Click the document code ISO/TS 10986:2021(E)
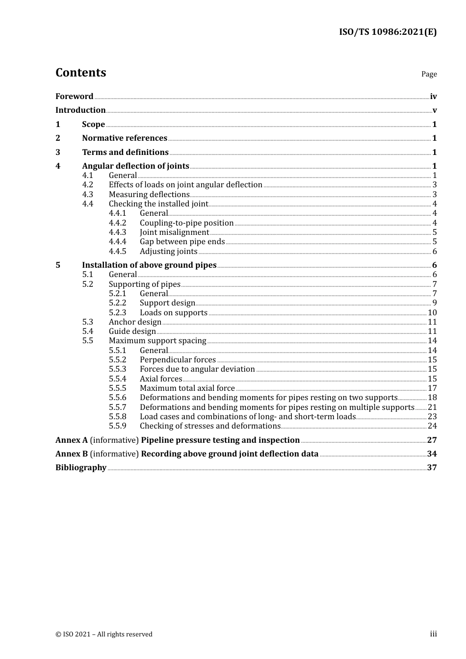pyautogui.click(x=388, y=32)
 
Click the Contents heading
pyautogui.click(x=80, y=73)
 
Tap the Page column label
pyautogui.click(x=429, y=74)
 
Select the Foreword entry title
pyautogui.click(x=74, y=97)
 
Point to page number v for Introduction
pyautogui.click(x=434, y=110)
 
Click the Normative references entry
pyautogui.click(x=125, y=138)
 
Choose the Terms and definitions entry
pyautogui.click(x=125, y=152)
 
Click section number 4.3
pyautogui.click(x=88, y=195)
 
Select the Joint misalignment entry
pyautogui.click(x=174, y=232)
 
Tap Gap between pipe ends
pyautogui.click(x=182, y=242)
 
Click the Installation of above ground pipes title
pyautogui.click(x=149, y=265)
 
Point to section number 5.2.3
pyautogui.click(x=117, y=313)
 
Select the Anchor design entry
pyautogui.click(x=135, y=322)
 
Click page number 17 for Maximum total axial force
pyautogui.click(x=432, y=388)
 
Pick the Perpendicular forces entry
pyautogui.click(x=178, y=360)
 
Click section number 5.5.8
pyautogui.click(x=117, y=417)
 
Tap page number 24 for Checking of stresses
pyautogui.click(x=432, y=426)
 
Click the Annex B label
pyautogui.click(x=72, y=454)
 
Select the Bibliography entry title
pyautogui.click(x=81, y=468)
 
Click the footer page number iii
pyautogui.click(x=433, y=634)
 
